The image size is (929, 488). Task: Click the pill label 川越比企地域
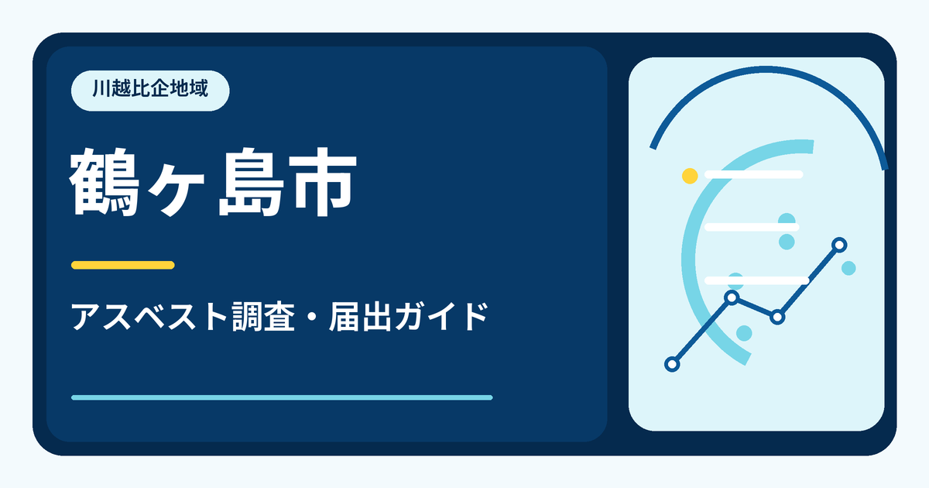(x=150, y=91)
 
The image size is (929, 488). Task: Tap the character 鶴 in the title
(x=104, y=182)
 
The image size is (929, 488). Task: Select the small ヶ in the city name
(x=177, y=189)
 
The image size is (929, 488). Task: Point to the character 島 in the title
(x=252, y=182)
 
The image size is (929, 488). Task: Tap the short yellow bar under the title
(x=123, y=265)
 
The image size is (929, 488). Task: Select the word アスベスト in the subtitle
(x=149, y=317)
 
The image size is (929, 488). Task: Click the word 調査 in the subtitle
(x=263, y=317)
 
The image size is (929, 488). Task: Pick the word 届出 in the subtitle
(x=361, y=317)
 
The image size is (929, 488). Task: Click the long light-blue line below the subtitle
(x=282, y=397)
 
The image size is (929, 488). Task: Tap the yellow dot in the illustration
(x=690, y=176)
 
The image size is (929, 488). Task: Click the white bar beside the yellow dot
(x=753, y=174)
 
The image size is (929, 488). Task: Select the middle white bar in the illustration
(x=752, y=227)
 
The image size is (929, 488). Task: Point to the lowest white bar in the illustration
(x=756, y=280)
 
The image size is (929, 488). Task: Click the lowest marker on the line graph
(x=672, y=364)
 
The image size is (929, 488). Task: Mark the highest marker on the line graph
(x=839, y=245)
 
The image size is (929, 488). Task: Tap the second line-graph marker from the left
(x=732, y=297)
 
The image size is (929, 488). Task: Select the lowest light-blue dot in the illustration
(x=744, y=333)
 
